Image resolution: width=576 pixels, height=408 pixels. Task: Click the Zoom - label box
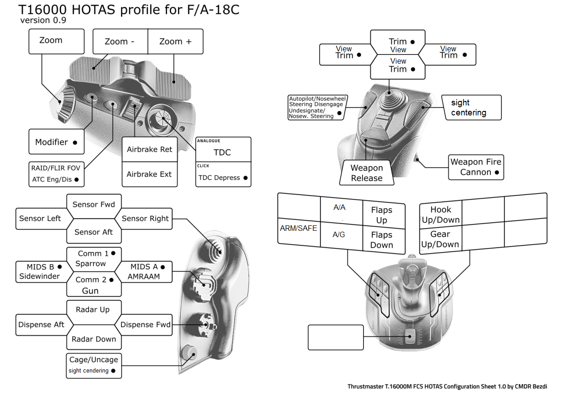click(x=120, y=42)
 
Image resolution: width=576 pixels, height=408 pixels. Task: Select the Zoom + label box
click(x=175, y=42)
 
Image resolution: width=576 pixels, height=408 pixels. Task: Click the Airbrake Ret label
click(x=149, y=149)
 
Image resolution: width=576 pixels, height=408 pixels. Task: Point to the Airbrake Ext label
click(x=149, y=174)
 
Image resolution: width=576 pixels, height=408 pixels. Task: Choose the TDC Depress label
click(x=223, y=178)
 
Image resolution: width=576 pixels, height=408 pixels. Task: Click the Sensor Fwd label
click(x=94, y=204)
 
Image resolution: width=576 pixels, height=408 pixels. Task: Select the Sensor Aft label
click(x=94, y=232)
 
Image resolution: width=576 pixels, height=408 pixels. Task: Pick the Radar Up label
click(x=93, y=309)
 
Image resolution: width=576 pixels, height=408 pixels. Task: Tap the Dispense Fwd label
click(x=145, y=324)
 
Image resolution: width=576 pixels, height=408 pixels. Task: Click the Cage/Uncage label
click(x=94, y=360)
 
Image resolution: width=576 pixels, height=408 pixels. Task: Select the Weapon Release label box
click(x=367, y=173)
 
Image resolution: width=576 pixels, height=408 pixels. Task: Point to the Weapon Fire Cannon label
click(x=476, y=167)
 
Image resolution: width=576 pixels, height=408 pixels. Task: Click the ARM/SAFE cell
click(x=298, y=229)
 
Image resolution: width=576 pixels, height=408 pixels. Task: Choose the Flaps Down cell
click(x=381, y=240)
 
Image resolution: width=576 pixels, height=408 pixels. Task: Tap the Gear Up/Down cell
click(x=440, y=239)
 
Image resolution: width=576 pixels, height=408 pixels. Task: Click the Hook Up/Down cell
click(x=440, y=214)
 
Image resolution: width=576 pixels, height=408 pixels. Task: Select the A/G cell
click(x=339, y=235)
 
